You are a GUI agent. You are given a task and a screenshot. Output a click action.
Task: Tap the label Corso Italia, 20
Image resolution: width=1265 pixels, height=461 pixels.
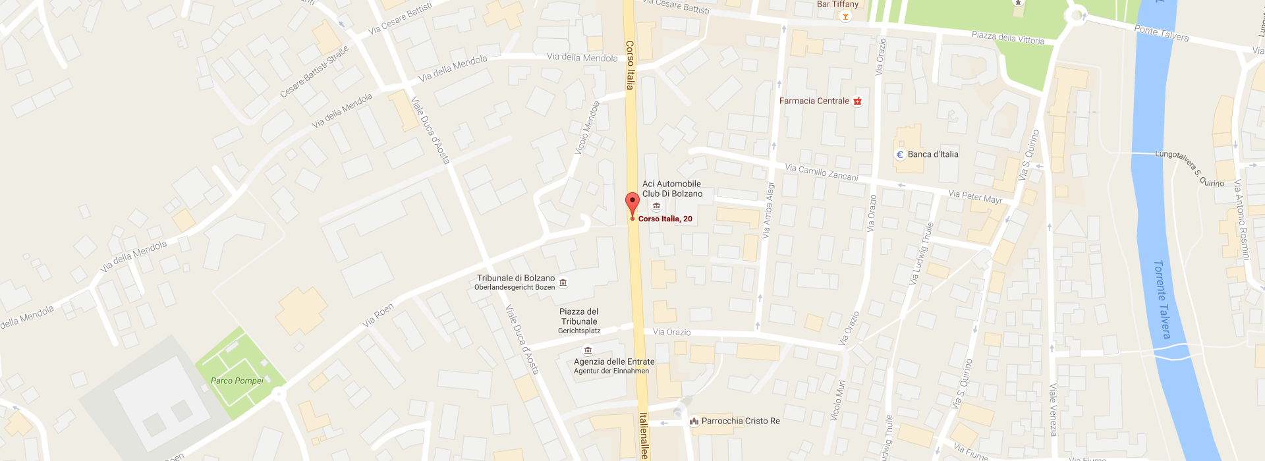(x=665, y=219)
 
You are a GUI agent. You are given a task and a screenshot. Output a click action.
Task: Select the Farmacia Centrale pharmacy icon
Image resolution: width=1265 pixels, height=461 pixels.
(x=857, y=101)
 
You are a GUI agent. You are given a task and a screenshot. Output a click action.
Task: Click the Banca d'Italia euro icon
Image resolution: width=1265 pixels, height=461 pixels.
(x=900, y=155)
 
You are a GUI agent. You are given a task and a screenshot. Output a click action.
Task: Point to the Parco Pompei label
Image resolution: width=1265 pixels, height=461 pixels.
(x=237, y=381)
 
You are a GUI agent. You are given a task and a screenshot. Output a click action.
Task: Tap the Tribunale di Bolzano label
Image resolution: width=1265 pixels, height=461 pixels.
(x=515, y=279)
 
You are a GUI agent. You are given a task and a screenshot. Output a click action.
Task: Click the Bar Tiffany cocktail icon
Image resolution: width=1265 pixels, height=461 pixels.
(x=845, y=16)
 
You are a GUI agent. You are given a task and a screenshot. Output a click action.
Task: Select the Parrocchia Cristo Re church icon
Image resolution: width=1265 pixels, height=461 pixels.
(x=693, y=421)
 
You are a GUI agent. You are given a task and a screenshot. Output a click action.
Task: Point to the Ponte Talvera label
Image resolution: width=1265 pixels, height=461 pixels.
(x=1161, y=33)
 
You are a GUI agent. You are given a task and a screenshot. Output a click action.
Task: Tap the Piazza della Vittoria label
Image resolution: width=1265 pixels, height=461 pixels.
(x=1007, y=38)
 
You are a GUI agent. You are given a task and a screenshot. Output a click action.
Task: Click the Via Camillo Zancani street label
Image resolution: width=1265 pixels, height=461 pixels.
(x=821, y=173)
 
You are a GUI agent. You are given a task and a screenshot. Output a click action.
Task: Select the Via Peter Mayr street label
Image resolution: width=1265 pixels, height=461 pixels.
(x=975, y=196)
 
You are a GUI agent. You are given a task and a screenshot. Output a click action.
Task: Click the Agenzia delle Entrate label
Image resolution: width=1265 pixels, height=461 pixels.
(x=613, y=362)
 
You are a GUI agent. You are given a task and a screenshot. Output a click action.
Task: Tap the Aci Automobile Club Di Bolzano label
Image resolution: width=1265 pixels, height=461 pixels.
(x=672, y=189)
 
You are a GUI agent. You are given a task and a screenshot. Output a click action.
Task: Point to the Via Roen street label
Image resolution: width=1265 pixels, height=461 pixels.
(x=378, y=315)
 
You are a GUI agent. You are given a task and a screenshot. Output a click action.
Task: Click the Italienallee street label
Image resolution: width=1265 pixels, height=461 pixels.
(x=644, y=435)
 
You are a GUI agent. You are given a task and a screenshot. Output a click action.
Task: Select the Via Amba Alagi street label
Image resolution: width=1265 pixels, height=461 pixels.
(x=768, y=210)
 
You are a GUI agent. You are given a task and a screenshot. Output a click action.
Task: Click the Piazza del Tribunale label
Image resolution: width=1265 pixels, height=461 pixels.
(x=579, y=317)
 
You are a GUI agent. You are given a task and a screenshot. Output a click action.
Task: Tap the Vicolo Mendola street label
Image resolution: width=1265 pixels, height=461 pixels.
(x=586, y=128)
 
